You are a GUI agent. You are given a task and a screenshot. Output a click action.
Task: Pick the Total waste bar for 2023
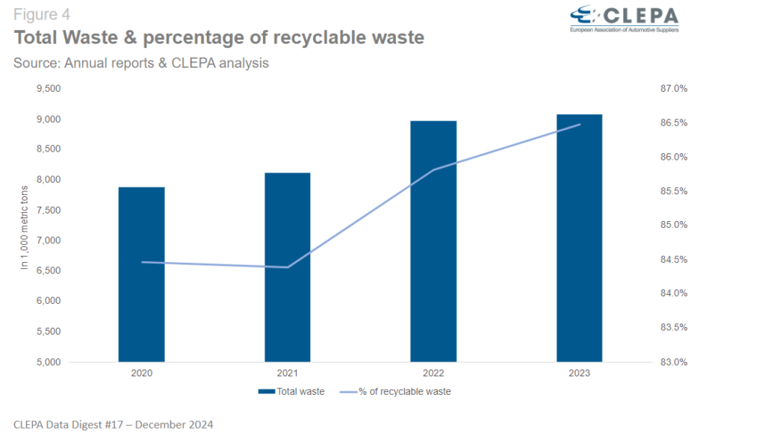click(579, 238)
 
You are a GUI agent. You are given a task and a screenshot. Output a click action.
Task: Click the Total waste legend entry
click(291, 391)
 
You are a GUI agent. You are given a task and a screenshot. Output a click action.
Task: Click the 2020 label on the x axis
click(141, 373)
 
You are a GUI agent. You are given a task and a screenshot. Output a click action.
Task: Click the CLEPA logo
click(624, 19)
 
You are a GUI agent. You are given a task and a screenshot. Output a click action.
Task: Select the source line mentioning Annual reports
click(141, 63)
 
